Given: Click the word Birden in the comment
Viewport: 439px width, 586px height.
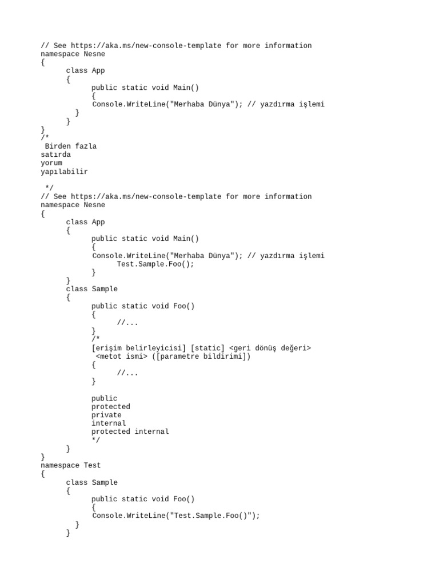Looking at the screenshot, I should pos(58,146).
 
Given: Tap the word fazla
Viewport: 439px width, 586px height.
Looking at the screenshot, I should pos(86,146).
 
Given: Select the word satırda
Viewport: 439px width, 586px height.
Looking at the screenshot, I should pos(56,155).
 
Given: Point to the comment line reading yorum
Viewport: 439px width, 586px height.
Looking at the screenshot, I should pos(51,163).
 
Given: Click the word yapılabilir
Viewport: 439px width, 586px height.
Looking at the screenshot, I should pos(65,171).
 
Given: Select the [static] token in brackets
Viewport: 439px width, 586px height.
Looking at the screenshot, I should pos(206,348).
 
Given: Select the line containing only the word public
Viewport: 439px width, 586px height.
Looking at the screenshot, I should pos(104,398).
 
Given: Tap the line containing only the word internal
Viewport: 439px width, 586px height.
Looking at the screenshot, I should pos(109,423).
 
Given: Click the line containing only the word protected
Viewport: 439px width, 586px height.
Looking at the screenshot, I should pos(111,407).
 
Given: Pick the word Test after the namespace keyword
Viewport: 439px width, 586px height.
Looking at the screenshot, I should pos(92,465).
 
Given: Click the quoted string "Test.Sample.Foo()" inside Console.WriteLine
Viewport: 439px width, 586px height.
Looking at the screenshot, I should pos(207,516).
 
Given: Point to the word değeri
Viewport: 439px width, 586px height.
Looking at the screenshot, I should pos(295,348).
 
